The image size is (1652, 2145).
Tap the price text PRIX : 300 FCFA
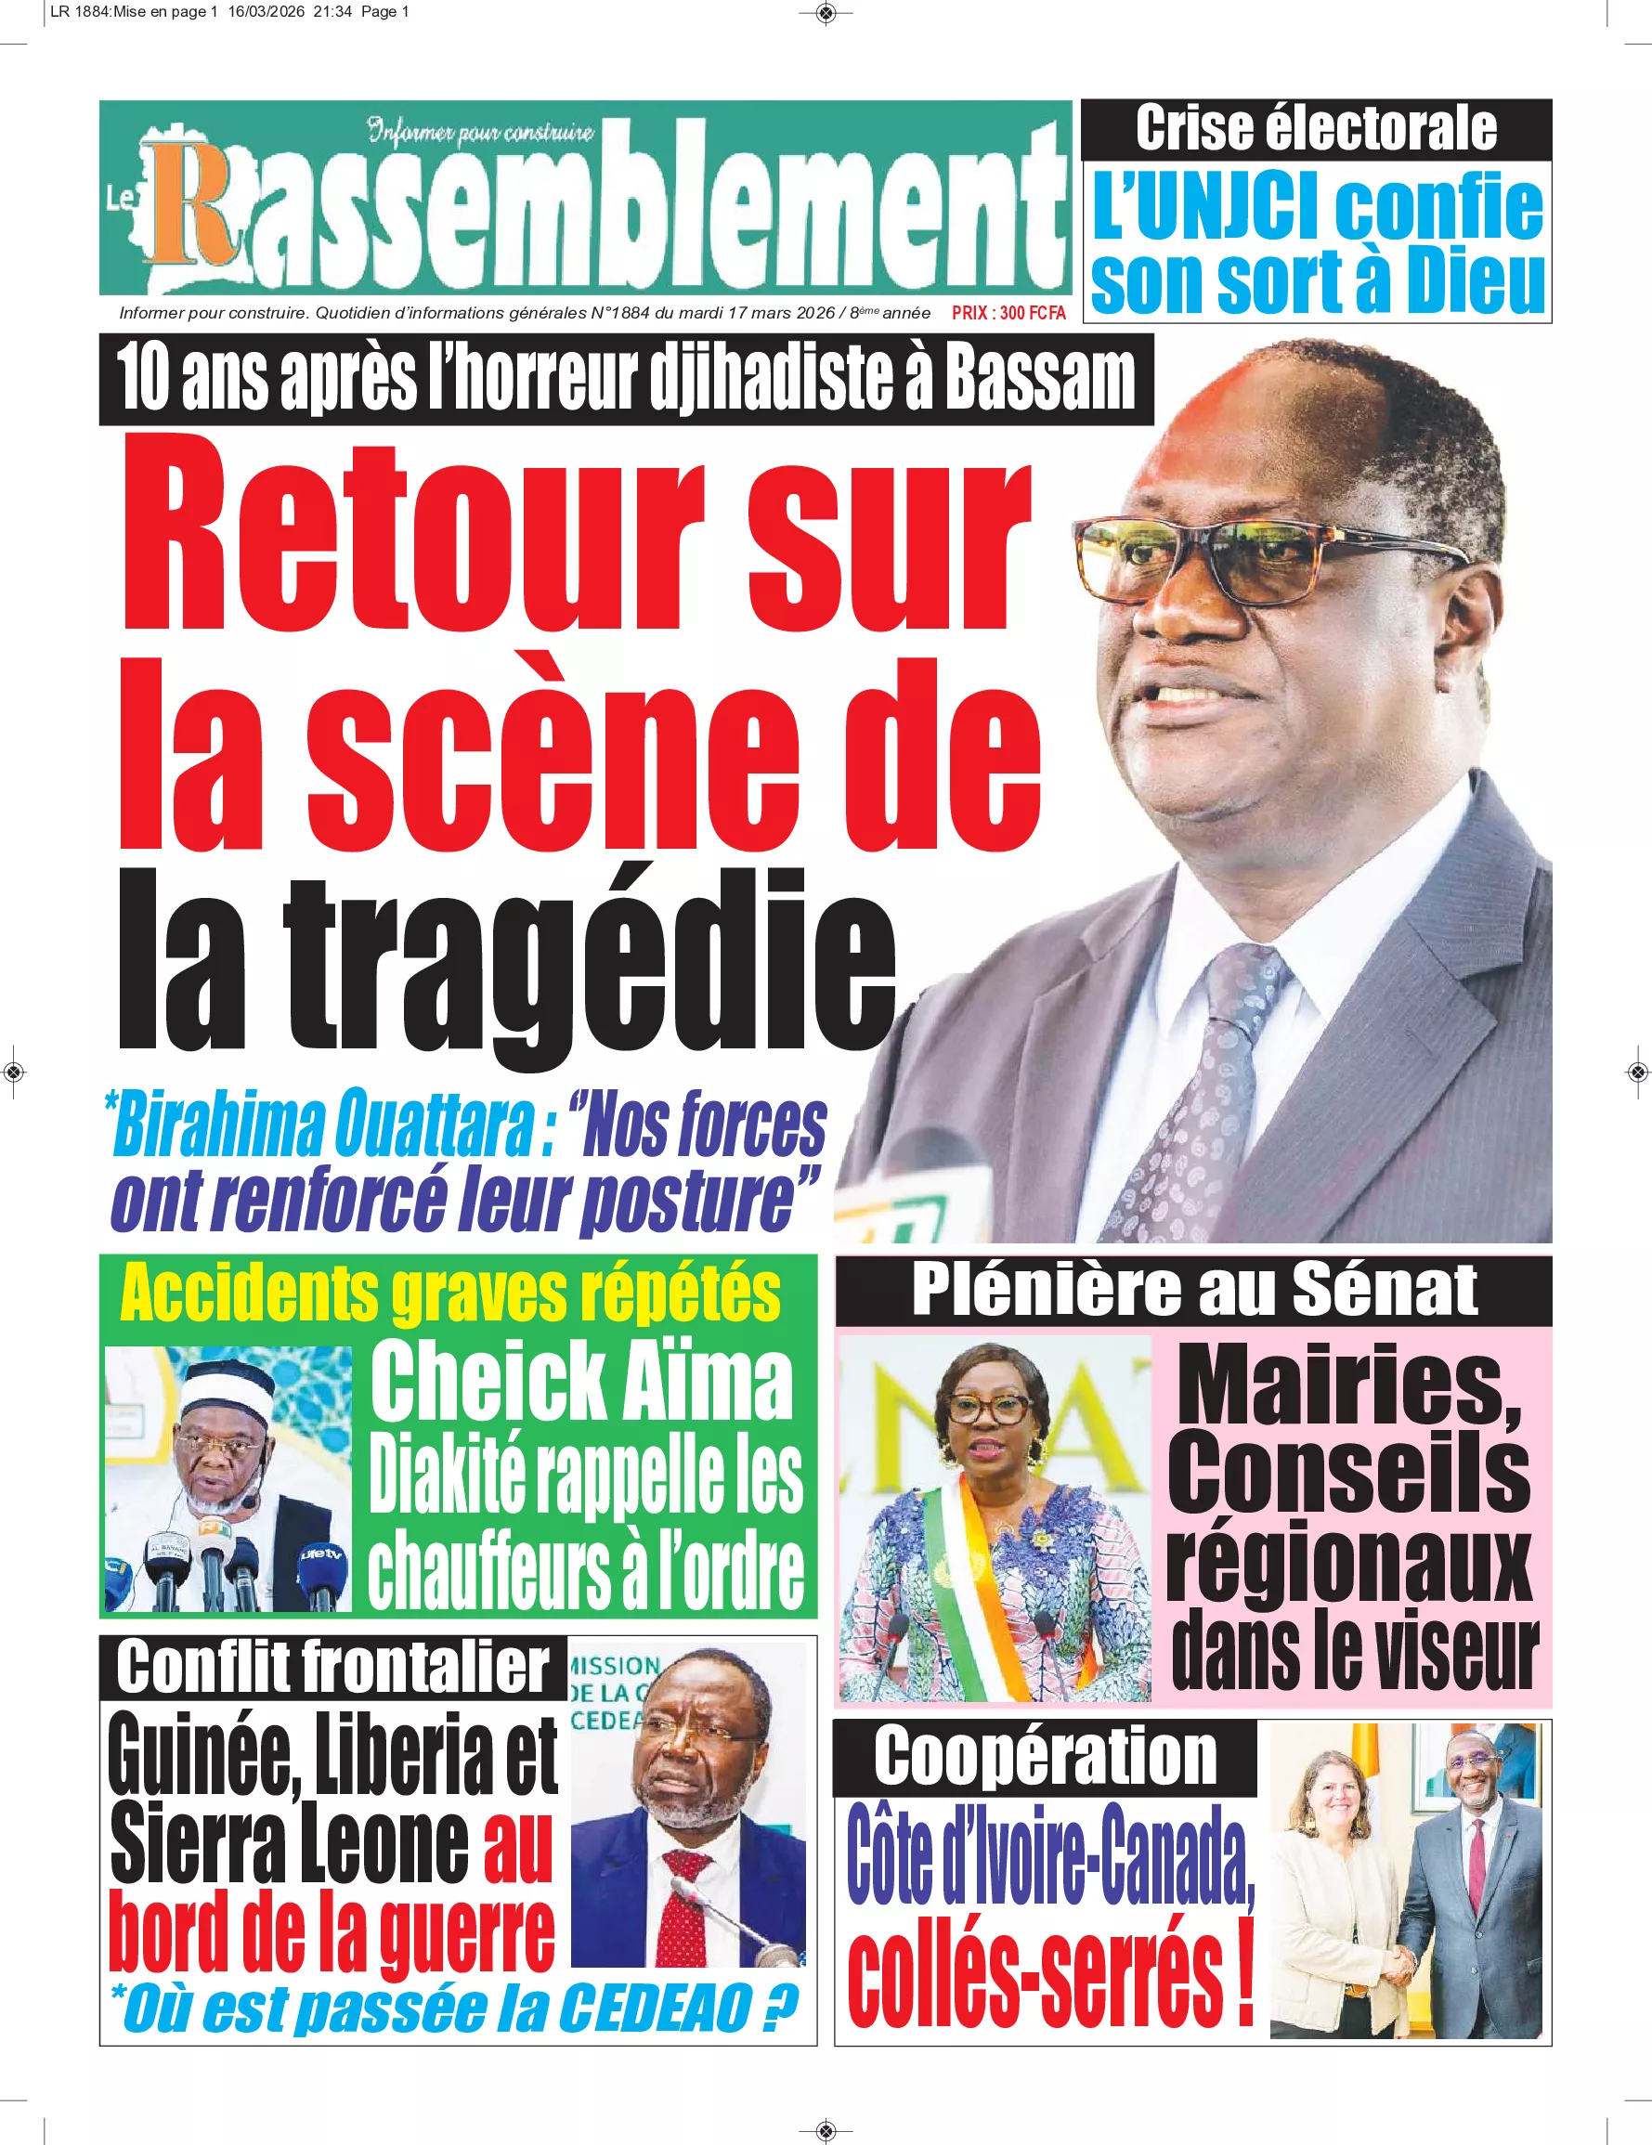[1008, 313]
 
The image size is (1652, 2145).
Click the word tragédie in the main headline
[590, 968]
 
